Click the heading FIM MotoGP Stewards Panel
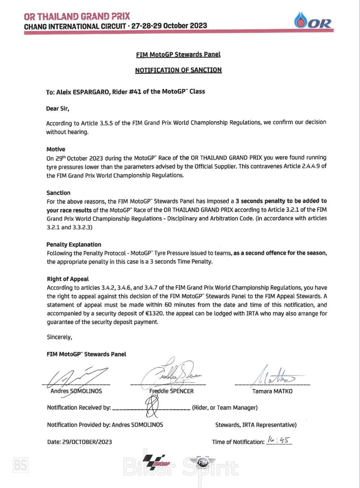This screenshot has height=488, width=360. (178, 55)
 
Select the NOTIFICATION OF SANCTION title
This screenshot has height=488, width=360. (178, 70)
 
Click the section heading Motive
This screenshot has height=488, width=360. (56, 149)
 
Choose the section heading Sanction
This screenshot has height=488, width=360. (58, 193)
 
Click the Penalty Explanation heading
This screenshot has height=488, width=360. (74, 244)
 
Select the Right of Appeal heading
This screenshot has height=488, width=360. (68, 279)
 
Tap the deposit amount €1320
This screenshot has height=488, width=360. (155, 314)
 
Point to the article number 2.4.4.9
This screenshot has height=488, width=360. (308, 166)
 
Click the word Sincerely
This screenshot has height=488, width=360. (59, 337)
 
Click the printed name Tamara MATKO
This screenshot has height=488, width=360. (272, 391)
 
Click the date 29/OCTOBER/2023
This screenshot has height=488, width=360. (87, 442)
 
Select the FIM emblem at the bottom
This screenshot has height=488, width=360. (203, 463)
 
